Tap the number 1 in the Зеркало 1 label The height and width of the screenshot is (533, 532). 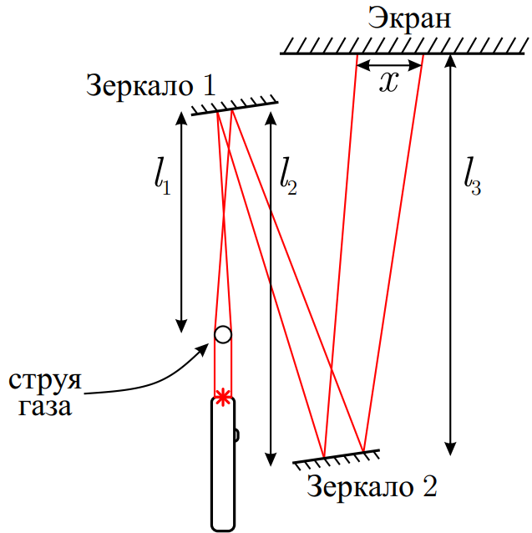pyautogui.click(x=210, y=85)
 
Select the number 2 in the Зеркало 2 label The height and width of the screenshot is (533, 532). pyautogui.click(x=429, y=486)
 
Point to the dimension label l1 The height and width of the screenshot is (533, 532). pyautogui.click(x=162, y=176)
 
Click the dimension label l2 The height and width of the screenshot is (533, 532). pyautogui.click(x=288, y=176)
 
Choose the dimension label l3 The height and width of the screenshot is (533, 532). pyautogui.click(x=472, y=176)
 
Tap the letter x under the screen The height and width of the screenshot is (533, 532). pyautogui.click(x=388, y=82)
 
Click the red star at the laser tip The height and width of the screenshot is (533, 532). pyautogui.click(x=223, y=397)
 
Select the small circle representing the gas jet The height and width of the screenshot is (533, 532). pyautogui.click(x=223, y=334)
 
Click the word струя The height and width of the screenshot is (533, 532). pyautogui.click(x=45, y=382)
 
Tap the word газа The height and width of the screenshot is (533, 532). pyautogui.click(x=45, y=407)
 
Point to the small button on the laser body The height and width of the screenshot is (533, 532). pyautogui.click(x=236, y=435)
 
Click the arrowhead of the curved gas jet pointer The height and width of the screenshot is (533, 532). pyautogui.click(x=204, y=349)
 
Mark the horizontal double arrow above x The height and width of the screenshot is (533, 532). pyautogui.click(x=390, y=64)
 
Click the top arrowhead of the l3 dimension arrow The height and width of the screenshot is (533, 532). pyautogui.click(x=450, y=61)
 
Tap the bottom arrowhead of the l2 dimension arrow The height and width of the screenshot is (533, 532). pyautogui.click(x=271, y=459)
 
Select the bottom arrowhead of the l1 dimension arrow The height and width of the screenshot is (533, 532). pyautogui.click(x=181, y=326)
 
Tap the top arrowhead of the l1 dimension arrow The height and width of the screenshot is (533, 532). pyautogui.click(x=181, y=119)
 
